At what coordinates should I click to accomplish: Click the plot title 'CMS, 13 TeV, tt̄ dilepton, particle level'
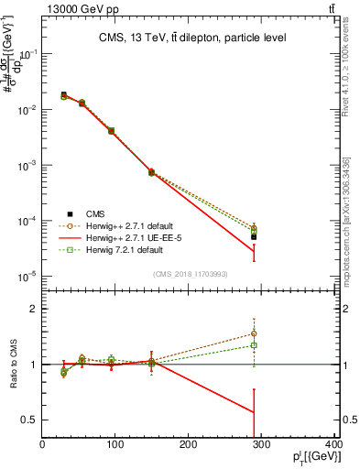click(x=191, y=38)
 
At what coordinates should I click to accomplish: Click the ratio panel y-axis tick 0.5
click(x=31, y=420)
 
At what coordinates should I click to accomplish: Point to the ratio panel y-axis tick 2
click(x=35, y=309)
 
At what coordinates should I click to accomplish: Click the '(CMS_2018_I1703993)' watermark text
click(x=191, y=274)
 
